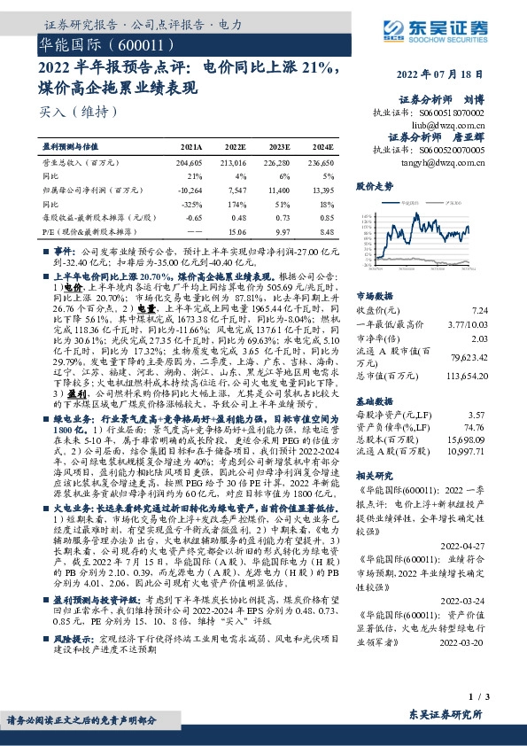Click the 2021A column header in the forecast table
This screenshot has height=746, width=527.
pyautogui.click(x=190, y=149)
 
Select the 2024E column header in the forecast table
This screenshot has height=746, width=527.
pyautogui.click(x=322, y=149)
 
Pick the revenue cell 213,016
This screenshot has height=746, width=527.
pyautogui.click(x=235, y=164)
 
